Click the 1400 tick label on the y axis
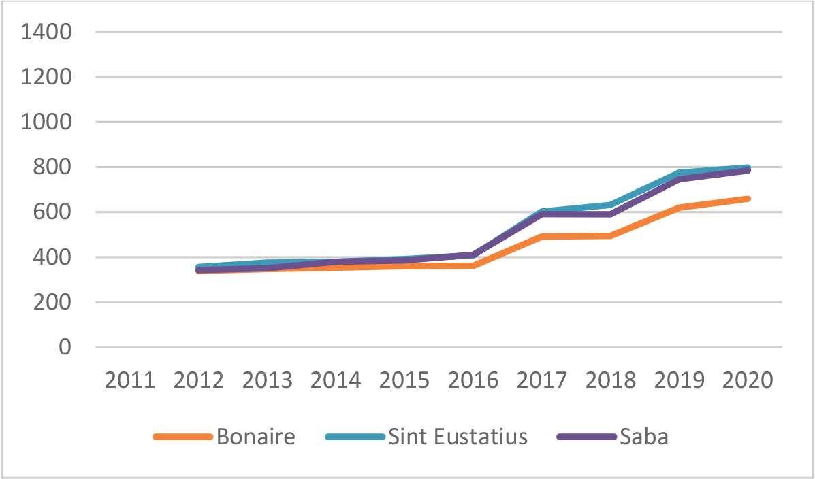(x=46, y=32)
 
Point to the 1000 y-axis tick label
(x=46, y=122)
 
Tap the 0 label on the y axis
(x=65, y=348)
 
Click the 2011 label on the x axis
(x=130, y=379)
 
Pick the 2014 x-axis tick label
(x=336, y=379)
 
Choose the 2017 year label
(x=542, y=379)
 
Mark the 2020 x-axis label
(x=748, y=379)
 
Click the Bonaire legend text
(x=256, y=437)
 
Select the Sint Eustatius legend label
(x=458, y=437)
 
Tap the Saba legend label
(x=643, y=437)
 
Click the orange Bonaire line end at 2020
(x=748, y=199)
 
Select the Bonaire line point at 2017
(x=542, y=237)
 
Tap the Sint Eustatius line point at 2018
(x=611, y=205)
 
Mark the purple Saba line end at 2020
(x=748, y=170)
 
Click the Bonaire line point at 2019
(x=680, y=208)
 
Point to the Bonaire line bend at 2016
(x=473, y=265)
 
